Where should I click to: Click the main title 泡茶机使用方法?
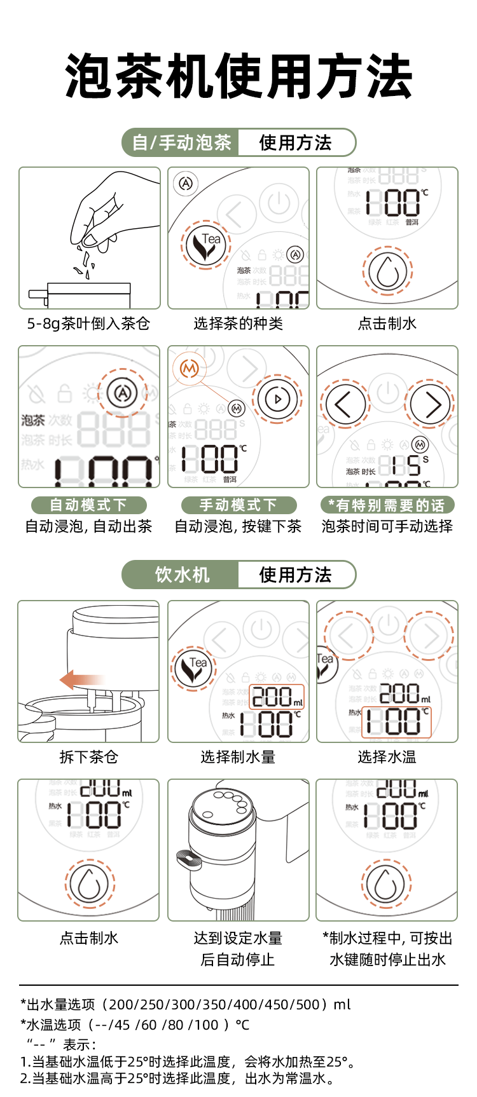point(238,76)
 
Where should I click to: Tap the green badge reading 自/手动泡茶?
point(181,142)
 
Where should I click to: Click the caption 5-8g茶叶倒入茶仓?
point(88,324)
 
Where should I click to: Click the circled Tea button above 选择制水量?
point(193,669)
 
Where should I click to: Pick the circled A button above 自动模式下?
point(123,393)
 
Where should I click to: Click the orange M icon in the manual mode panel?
point(190,368)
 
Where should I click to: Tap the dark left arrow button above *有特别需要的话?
point(344,404)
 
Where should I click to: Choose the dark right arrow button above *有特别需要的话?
point(431,404)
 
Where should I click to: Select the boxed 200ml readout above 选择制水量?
point(277,697)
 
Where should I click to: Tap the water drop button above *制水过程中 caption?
point(387,884)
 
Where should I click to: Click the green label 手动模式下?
point(238,505)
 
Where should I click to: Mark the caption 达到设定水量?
point(238,938)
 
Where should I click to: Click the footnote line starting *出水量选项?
point(186,1005)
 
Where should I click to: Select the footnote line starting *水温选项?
point(135,1025)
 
